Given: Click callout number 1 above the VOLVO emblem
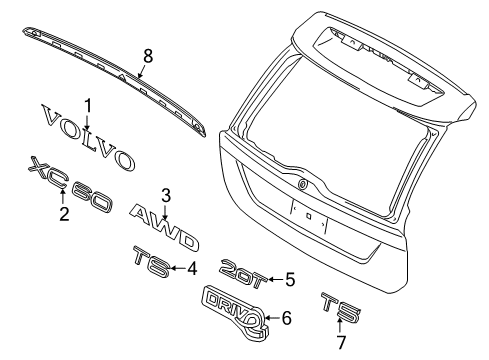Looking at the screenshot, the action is point(88,107).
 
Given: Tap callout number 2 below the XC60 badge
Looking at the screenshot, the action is point(64,214).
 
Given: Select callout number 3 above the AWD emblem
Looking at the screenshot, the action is point(166,196).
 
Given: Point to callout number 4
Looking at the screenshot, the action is point(192,268).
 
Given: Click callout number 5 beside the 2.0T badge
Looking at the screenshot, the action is point(290,279).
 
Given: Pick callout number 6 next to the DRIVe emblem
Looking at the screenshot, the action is point(286,318).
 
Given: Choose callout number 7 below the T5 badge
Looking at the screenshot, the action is point(341,342).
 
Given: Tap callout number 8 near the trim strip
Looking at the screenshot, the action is point(148,56).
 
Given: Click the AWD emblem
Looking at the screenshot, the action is point(164,228).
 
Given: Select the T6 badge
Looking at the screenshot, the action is point(152,262).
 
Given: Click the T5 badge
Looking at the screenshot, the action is point(341,307).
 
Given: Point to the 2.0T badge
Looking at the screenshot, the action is point(244,273).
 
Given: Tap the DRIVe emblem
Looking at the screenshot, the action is point(235,312).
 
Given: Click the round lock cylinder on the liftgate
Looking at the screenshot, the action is point(302,184).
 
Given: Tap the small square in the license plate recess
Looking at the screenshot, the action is point(309,216).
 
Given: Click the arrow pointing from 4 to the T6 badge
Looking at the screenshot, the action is point(178,268).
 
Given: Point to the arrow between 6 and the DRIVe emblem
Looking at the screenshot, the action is point(273,318).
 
